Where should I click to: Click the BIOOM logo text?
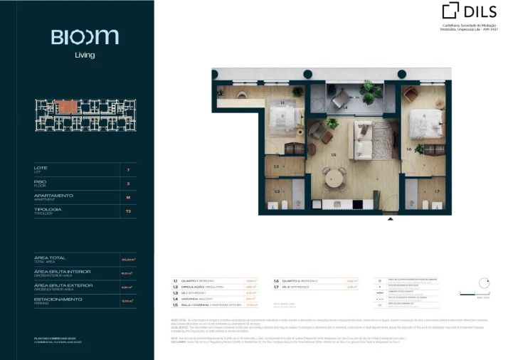(75, 36)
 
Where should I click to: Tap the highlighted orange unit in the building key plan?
(69, 106)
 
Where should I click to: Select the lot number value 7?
(128, 170)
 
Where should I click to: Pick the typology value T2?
(128, 211)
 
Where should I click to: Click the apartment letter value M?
(128, 198)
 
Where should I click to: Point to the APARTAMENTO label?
(53, 195)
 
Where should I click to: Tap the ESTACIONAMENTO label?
(58, 299)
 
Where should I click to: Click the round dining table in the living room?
(334, 176)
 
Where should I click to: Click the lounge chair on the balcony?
(342, 97)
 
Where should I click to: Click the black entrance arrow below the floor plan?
(389, 219)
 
